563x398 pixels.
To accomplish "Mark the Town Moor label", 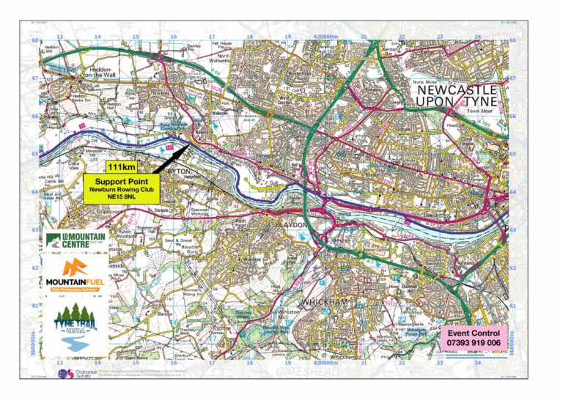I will point(476,111).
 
